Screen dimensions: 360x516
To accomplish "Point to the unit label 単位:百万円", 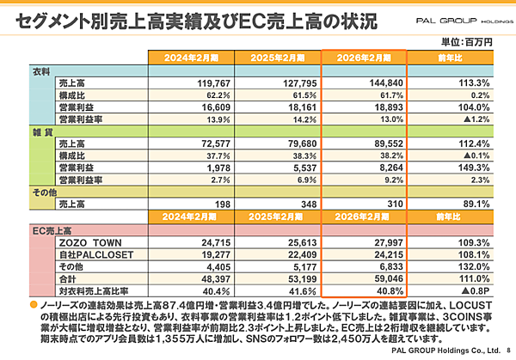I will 465,40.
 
